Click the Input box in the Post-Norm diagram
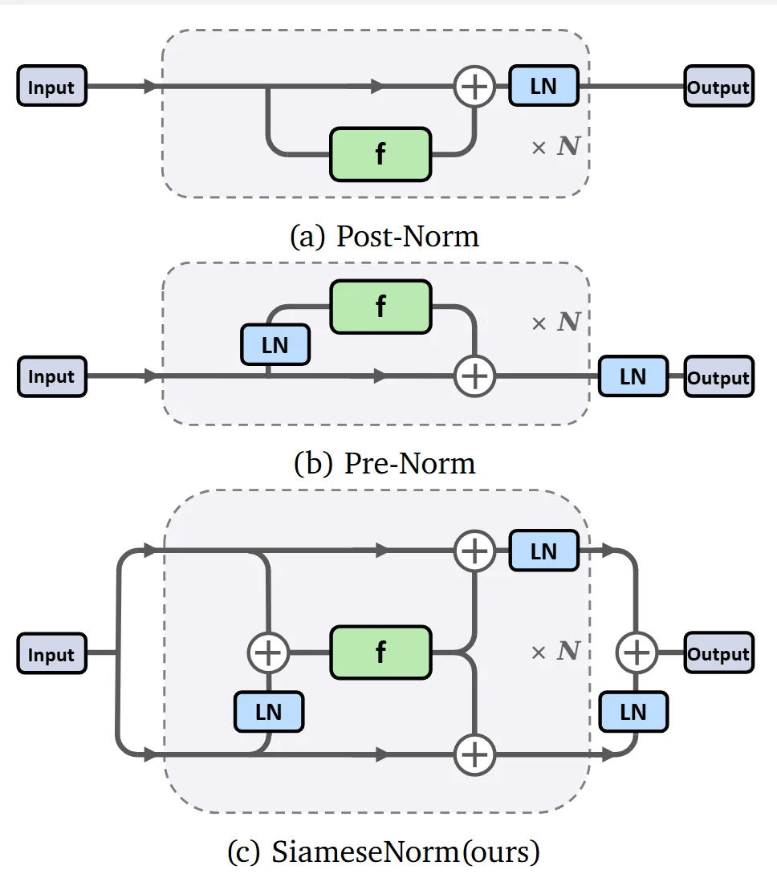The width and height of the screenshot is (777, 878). click(51, 87)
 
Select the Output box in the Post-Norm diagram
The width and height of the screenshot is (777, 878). click(718, 87)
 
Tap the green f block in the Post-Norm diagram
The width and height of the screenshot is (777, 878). click(380, 153)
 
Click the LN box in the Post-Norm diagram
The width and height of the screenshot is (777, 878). click(543, 85)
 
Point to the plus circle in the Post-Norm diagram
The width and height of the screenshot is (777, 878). click(475, 86)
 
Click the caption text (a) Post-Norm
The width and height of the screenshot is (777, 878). click(384, 236)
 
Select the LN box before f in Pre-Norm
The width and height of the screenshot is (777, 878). click(275, 345)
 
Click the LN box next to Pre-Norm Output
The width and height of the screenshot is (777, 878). click(633, 376)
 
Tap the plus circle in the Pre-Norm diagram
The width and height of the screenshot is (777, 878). click(475, 376)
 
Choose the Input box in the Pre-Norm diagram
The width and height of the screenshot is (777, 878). click(51, 376)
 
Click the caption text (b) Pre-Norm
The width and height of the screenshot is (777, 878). click(384, 463)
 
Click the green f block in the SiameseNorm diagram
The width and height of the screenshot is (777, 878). click(380, 652)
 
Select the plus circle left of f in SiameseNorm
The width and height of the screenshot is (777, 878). click(268, 653)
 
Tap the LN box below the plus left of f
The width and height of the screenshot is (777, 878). click(268, 711)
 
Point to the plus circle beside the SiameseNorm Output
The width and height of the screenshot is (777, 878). click(637, 653)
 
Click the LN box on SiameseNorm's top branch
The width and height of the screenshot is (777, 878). click(543, 551)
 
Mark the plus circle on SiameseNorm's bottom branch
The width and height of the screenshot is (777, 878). click(475, 754)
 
